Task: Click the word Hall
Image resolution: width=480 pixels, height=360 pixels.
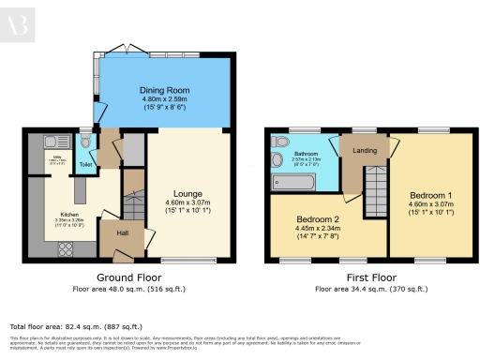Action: (122, 232)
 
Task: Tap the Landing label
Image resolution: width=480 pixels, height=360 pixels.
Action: (364, 150)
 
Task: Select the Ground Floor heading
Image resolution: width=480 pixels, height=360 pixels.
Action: (132, 277)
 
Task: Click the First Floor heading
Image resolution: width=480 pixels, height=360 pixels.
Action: (369, 277)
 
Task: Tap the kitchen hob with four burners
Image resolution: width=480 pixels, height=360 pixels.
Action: (69, 248)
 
